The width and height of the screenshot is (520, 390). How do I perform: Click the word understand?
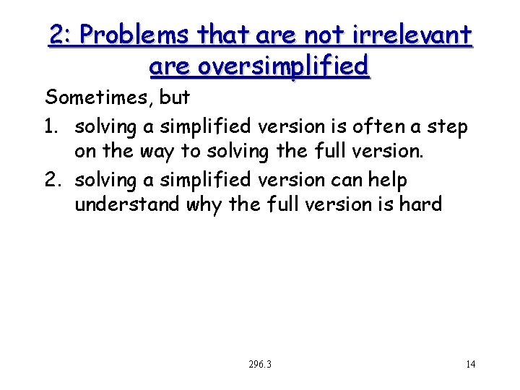pyautogui.click(x=127, y=205)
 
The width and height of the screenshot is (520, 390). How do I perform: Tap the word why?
pyautogui.click(x=204, y=206)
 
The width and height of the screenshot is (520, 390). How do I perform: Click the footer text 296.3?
pyautogui.click(x=259, y=364)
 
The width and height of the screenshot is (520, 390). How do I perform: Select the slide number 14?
pyautogui.click(x=470, y=364)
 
